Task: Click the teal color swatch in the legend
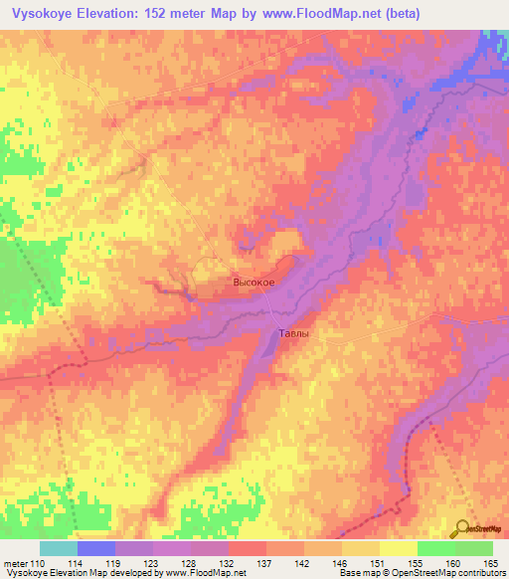[x=59, y=548]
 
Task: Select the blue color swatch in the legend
[x=96, y=548]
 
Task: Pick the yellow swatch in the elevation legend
[x=398, y=548]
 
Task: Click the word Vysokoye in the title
[x=41, y=14]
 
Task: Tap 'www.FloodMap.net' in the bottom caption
[x=205, y=573]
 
